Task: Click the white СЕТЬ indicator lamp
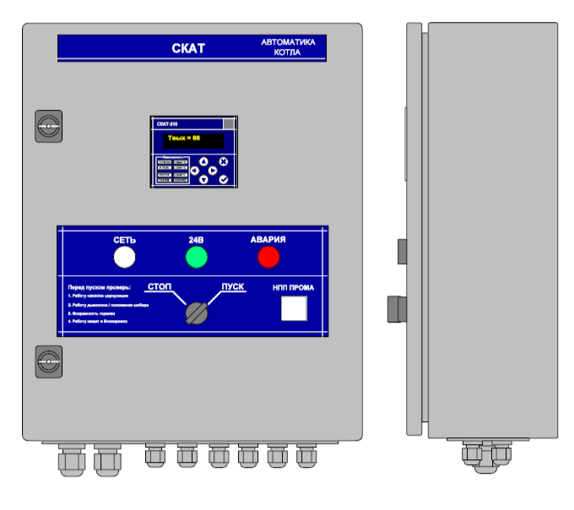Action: click(125, 257)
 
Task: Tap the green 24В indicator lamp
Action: click(197, 257)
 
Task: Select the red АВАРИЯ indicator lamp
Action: click(268, 257)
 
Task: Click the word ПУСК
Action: click(233, 286)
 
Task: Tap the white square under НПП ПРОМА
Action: click(294, 309)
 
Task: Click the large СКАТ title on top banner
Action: click(188, 48)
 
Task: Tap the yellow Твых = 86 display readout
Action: click(183, 138)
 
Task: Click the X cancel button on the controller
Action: click(224, 161)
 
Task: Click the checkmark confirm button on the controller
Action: click(224, 179)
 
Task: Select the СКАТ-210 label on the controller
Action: click(168, 123)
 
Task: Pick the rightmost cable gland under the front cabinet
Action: click(306, 457)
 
